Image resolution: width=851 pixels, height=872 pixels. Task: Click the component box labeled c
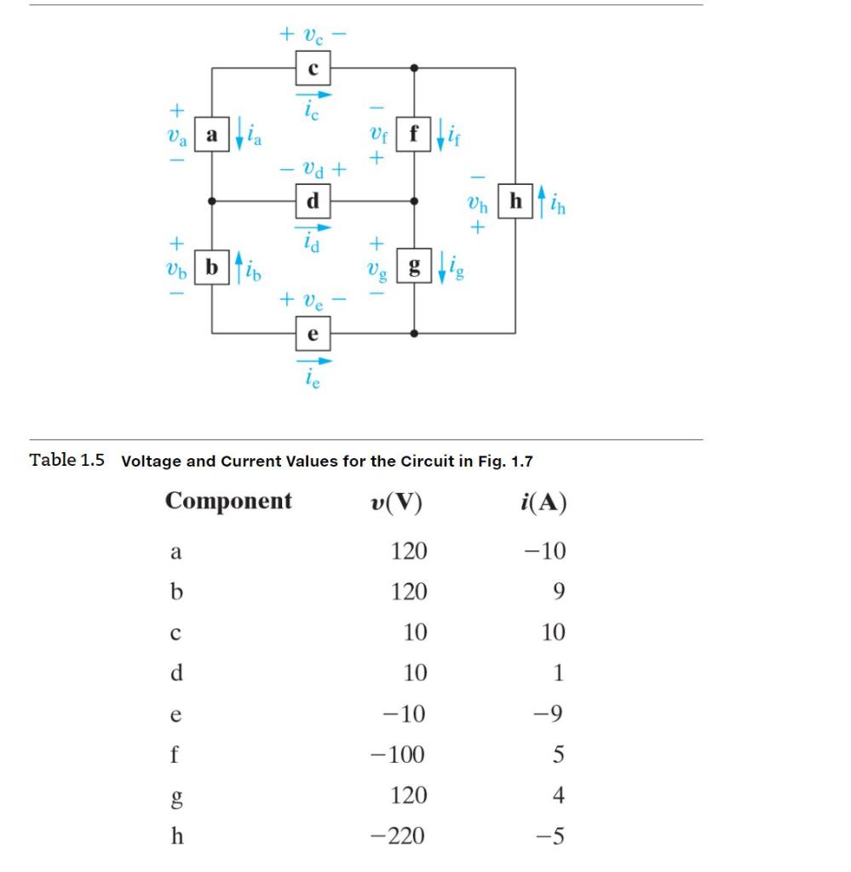click(313, 68)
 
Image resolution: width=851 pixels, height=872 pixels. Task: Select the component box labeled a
click(211, 135)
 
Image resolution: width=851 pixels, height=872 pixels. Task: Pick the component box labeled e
click(313, 333)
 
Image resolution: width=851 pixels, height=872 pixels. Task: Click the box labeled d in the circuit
click(313, 202)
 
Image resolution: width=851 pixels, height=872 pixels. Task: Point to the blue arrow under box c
click(313, 95)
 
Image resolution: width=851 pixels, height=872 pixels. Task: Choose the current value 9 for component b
click(558, 591)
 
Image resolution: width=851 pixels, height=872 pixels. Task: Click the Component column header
click(228, 501)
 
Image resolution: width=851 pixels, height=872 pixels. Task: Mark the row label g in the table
click(175, 797)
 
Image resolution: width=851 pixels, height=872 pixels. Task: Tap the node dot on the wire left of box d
click(211, 202)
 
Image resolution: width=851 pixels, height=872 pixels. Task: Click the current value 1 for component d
click(559, 673)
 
